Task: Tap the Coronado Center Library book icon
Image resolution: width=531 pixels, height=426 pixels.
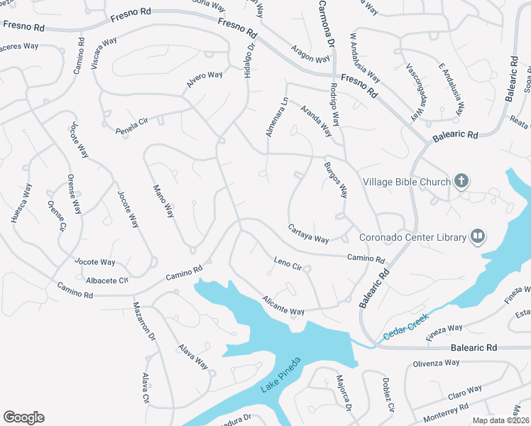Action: coord(478,236)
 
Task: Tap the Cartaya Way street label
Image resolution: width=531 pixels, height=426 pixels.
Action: coord(308,234)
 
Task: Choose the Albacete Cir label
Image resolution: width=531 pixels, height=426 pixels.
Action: coord(106,280)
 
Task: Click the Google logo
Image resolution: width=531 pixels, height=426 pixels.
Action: coord(23,417)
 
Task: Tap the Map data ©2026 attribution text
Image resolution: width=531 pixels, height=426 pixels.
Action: coord(498,420)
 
